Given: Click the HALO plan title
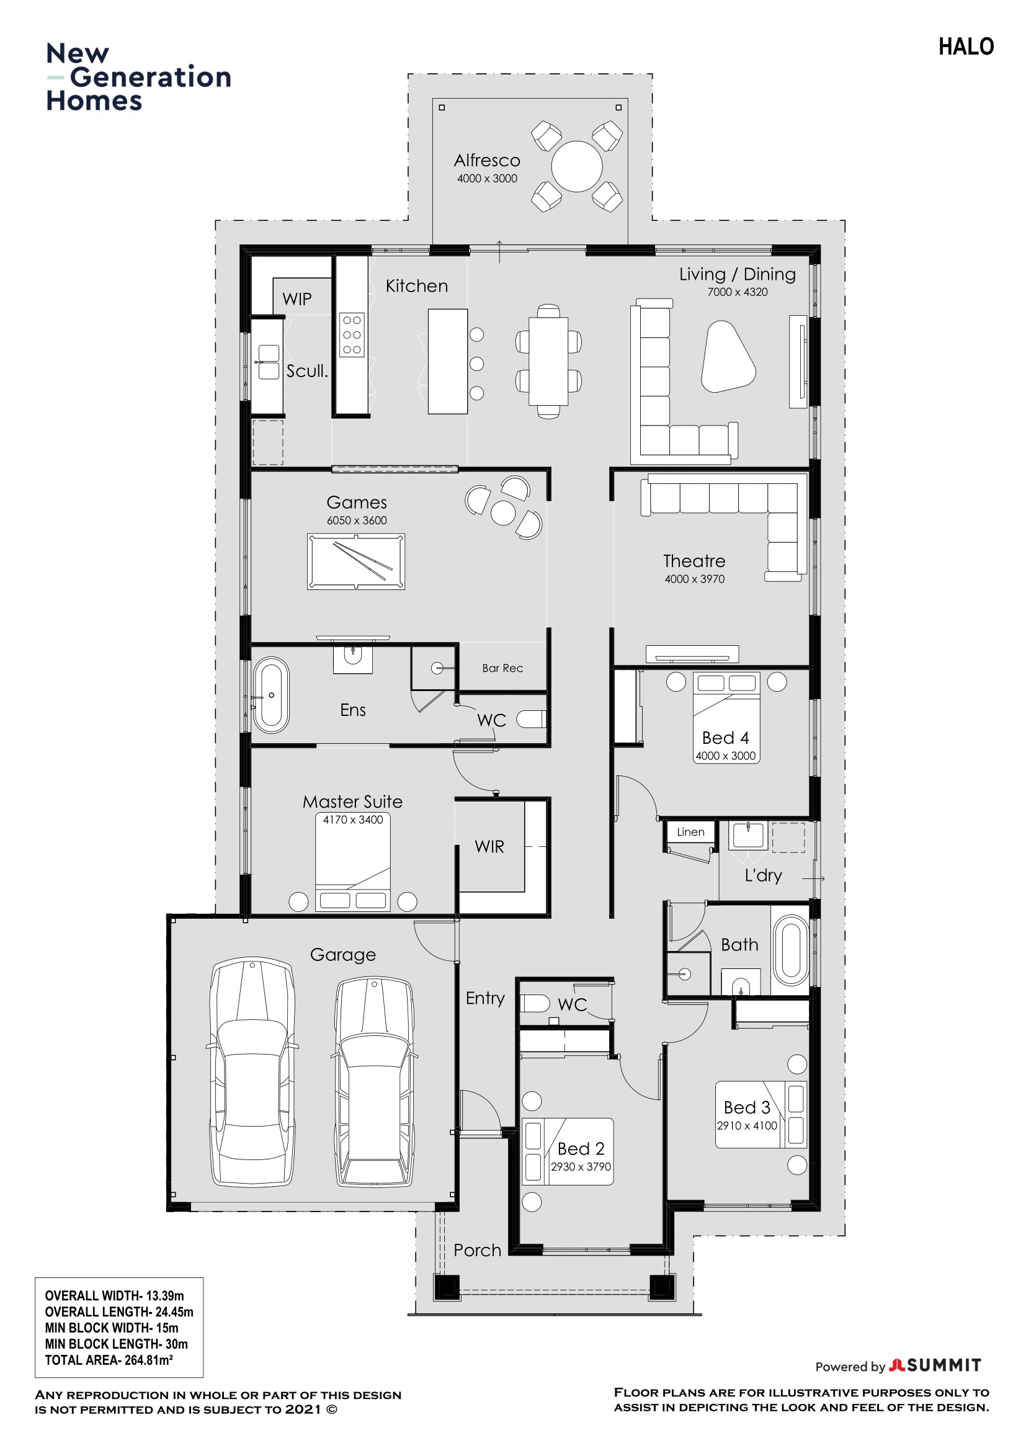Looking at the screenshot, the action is [x=965, y=47].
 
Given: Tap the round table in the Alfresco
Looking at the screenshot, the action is [x=576, y=166].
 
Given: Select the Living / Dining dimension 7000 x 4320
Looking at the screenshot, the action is [x=738, y=292].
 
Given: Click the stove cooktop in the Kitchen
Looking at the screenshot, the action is [x=352, y=335].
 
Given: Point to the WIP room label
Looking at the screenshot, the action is [x=297, y=299].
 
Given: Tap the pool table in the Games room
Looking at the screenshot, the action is [x=355, y=561].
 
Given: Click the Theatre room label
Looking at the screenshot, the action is [x=694, y=561].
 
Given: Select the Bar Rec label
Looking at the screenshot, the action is [x=502, y=668].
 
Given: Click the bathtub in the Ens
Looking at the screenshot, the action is [x=271, y=695].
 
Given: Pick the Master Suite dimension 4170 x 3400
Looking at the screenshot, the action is [x=352, y=819].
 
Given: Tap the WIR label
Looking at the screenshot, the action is [x=489, y=847].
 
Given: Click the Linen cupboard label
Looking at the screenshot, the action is [x=690, y=832].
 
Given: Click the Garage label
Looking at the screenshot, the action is [x=342, y=955].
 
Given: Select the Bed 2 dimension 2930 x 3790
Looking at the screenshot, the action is [x=581, y=1167].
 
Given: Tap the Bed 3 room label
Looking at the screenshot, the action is [x=747, y=1107].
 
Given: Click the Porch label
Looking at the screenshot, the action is [x=477, y=1250].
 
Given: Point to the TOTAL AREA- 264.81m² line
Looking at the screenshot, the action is [x=109, y=1360].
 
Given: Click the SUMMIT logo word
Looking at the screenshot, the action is [x=944, y=1365].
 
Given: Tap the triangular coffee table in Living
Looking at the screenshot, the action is [x=727, y=357].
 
